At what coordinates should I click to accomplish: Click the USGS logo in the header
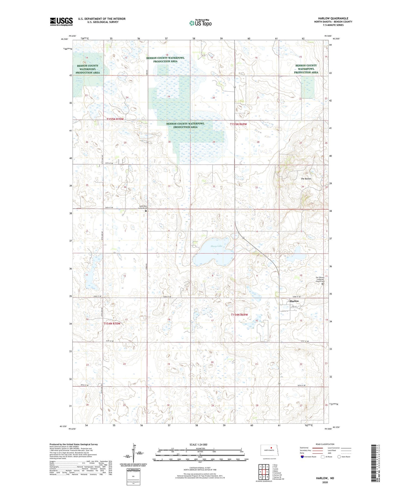(61, 22)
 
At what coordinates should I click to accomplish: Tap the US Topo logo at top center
(200, 23)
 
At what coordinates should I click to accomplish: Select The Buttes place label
(306, 179)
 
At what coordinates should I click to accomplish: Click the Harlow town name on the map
(294, 301)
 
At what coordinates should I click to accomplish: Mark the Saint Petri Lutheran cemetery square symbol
(146, 211)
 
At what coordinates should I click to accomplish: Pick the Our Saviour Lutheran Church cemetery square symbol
(323, 284)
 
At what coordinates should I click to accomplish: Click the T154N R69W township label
(239, 315)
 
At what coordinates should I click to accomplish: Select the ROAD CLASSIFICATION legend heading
(325, 444)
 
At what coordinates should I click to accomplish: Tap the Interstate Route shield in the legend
(302, 457)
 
